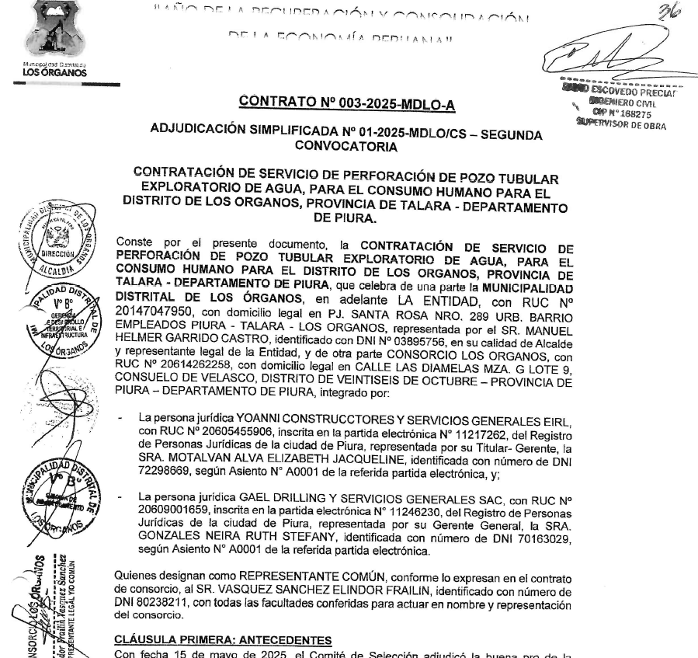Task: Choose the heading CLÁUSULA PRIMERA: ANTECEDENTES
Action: click(224, 639)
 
